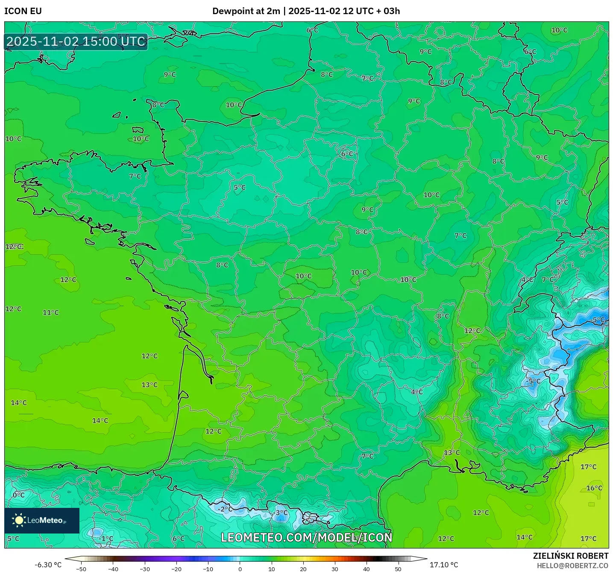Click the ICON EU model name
(23, 11)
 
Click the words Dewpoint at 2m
(246, 11)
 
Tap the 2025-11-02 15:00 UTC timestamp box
(76, 42)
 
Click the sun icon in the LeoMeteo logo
(19, 520)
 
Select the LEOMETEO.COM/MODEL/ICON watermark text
(306, 537)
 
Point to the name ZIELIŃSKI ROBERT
(570, 556)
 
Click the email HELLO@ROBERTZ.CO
(572, 566)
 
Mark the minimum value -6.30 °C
(48, 565)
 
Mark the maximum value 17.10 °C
(444, 565)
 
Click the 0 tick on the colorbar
(240, 569)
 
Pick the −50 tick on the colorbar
(81, 569)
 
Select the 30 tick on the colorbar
(334, 569)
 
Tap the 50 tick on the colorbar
(398, 569)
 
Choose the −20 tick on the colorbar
(176, 569)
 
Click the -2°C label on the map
(225, 509)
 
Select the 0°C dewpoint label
(18, 495)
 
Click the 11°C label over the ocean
(51, 313)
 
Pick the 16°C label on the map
(594, 488)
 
